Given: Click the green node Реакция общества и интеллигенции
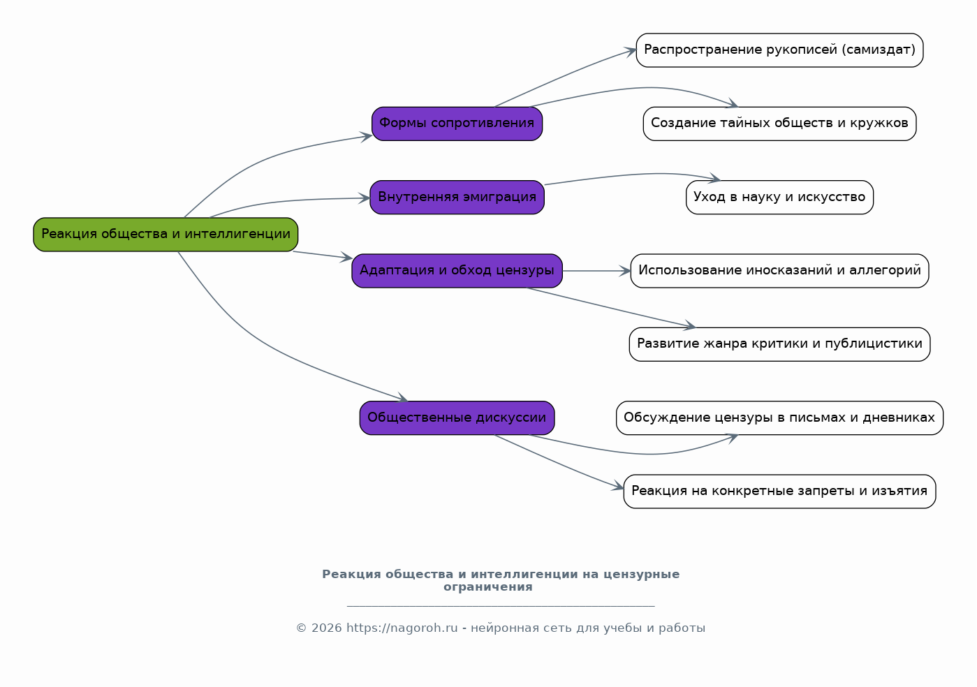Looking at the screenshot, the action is pos(166,235).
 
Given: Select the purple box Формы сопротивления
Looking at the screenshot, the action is pos(457,124).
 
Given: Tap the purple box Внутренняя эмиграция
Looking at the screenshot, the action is pos(457,198).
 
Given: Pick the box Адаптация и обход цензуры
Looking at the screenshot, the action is pos(457,271).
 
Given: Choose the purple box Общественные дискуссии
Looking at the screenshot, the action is pos(457,418).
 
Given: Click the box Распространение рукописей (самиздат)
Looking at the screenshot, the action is pos(780,50).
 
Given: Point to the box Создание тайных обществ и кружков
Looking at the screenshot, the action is pos(780,124).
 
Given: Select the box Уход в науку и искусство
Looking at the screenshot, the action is pos(780,198).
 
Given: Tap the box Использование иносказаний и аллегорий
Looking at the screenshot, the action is pos(780,271).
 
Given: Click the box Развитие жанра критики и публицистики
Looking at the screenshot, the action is pos(780,344).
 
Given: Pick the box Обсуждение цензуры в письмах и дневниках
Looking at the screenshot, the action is pos(780,418).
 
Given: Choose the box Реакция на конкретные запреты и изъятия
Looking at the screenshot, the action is pos(780,492).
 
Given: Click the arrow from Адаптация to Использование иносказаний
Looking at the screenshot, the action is pos(596,271).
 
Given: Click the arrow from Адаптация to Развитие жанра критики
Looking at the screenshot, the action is pos(610,308).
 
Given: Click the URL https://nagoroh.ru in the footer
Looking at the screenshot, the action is pos(402,628).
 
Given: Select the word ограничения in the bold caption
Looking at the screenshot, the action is pos(488,586).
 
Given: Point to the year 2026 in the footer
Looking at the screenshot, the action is pos(327,628).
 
